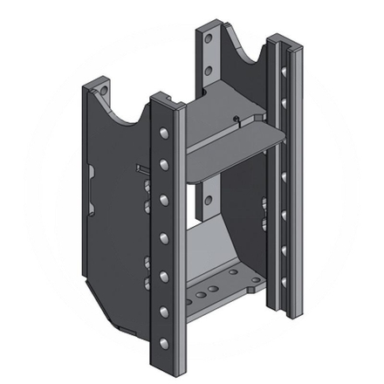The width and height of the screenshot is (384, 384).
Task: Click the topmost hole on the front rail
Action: tap(163, 134)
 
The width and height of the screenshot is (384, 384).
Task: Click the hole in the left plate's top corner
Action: tap(103, 89)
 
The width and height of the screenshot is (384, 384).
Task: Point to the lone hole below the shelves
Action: tap(208, 200)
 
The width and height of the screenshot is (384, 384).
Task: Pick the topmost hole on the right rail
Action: tap(284, 69)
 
